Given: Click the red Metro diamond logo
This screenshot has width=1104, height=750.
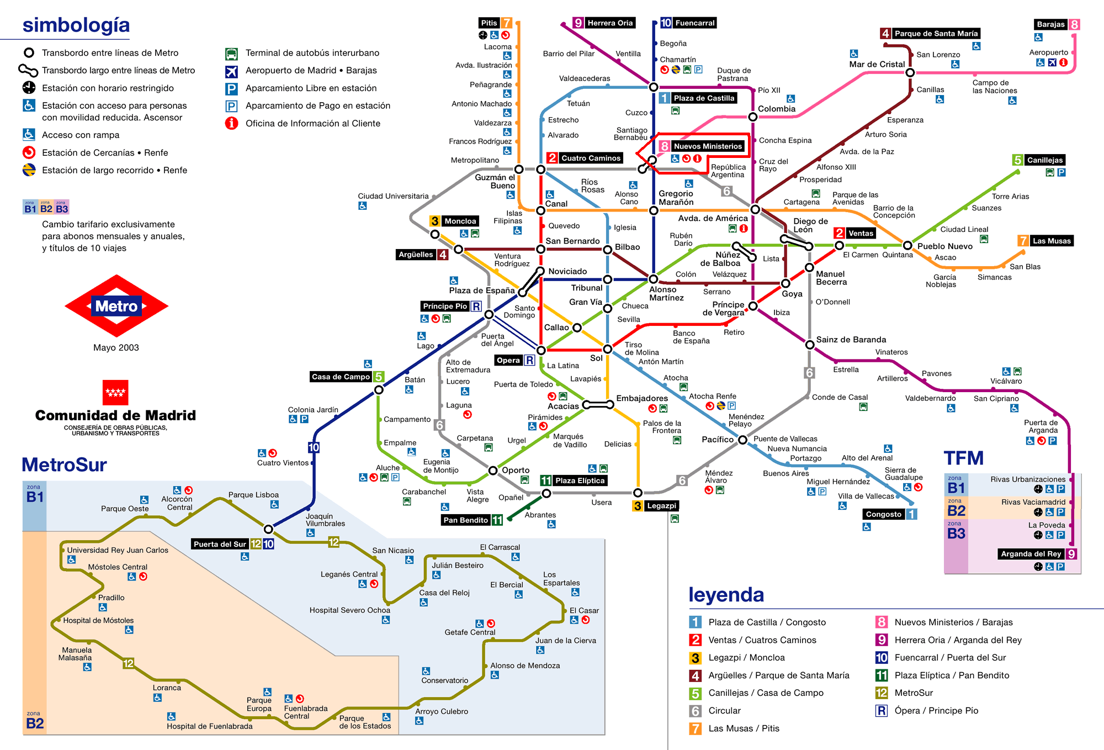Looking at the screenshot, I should (x=116, y=306).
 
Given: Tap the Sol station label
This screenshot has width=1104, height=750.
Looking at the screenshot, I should (x=596, y=358).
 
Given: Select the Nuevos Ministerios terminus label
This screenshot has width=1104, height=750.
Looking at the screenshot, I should (x=708, y=146).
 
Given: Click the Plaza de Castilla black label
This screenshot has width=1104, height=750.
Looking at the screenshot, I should (x=704, y=98).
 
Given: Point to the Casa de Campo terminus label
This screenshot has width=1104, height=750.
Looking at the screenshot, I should (x=341, y=377).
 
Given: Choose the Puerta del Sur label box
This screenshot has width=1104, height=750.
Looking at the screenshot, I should (x=220, y=544).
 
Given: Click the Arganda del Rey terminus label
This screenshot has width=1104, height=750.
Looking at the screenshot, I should (x=1031, y=554).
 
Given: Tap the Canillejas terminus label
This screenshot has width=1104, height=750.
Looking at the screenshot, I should (x=1044, y=160).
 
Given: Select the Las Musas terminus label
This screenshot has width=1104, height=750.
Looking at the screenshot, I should (x=1051, y=241).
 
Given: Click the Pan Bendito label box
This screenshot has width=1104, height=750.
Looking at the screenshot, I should (x=465, y=520).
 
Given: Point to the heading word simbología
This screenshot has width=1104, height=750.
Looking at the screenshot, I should (x=76, y=25).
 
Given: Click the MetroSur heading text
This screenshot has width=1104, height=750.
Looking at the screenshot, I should (x=64, y=464).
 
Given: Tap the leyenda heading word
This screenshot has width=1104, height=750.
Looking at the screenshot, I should (x=726, y=594).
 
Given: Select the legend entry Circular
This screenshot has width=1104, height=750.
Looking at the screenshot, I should (x=724, y=711).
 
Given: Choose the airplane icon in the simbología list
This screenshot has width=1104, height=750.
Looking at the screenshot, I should (x=231, y=71).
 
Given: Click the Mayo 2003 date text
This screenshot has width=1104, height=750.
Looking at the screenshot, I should (x=116, y=347).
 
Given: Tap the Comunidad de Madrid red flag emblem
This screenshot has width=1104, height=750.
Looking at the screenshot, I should (x=115, y=393).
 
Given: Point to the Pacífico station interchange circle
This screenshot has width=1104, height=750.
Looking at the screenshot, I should (x=742, y=440).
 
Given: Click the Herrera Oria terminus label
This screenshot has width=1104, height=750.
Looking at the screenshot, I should (x=609, y=23).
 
